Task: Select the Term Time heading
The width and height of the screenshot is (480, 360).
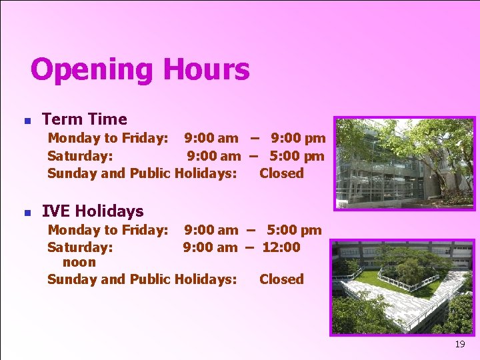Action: [84, 119]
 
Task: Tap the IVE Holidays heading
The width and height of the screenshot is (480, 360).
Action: [93, 211]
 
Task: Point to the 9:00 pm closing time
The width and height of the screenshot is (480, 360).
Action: [298, 139]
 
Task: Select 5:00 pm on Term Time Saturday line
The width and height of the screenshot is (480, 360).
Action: [297, 156]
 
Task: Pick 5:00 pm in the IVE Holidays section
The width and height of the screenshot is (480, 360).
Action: [294, 230]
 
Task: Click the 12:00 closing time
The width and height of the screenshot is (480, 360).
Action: [281, 247]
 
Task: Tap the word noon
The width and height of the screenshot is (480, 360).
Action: [79, 263]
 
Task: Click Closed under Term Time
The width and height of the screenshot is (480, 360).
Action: [281, 173]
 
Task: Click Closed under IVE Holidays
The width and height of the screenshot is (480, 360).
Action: [281, 279]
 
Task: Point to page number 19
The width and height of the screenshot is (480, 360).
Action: [459, 345]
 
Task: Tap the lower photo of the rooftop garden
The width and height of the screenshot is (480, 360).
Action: [404, 287]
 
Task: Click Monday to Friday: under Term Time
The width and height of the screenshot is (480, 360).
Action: [107, 139]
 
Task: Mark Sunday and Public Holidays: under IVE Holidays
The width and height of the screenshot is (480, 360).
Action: [141, 279]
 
